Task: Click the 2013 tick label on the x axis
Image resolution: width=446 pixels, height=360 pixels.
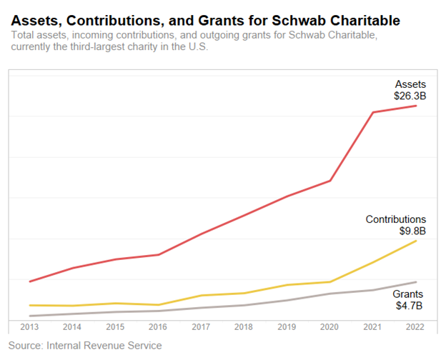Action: [29, 326]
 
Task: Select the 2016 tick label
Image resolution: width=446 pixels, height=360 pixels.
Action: [158, 326]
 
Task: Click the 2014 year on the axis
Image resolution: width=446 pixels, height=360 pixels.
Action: [72, 326]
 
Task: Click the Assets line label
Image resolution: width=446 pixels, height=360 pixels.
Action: [410, 84]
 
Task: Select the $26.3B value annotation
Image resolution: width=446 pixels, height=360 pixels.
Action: [410, 95]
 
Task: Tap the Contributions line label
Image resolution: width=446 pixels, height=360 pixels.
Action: [395, 219]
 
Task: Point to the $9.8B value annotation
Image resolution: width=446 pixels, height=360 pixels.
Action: [412, 231]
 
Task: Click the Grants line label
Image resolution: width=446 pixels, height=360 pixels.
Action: [409, 294]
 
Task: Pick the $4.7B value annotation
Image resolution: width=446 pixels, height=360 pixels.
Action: [409, 306]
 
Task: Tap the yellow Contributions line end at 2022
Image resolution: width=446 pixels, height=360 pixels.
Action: [416, 241]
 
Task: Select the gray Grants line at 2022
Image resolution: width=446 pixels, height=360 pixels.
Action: [416, 282]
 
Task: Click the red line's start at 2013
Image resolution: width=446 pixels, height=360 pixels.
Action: [29, 282]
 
